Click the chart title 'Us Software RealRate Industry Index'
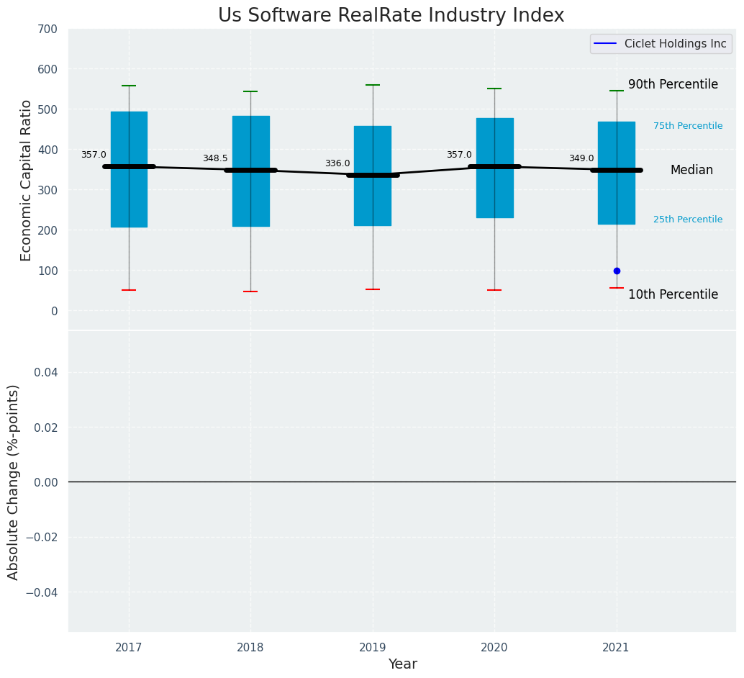pos(391,16)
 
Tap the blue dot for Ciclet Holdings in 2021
pos(617,271)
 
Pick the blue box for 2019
pos(373,209)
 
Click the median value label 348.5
pos(215,158)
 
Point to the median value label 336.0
pos(337,163)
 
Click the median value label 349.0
pos(581,158)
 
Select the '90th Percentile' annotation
pos(673,84)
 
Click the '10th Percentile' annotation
pos(673,294)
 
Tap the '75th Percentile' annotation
pos(688,126)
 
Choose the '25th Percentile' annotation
pos(688,220)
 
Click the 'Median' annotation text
pos(691,171)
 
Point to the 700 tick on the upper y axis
pos(48,30)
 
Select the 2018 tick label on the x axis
pos(250,648)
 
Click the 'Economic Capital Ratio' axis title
pos(27,180)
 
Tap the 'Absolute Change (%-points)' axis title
pos(14,482)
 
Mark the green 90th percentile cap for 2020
pos(494,89)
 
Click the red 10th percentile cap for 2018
pos(250,291)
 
